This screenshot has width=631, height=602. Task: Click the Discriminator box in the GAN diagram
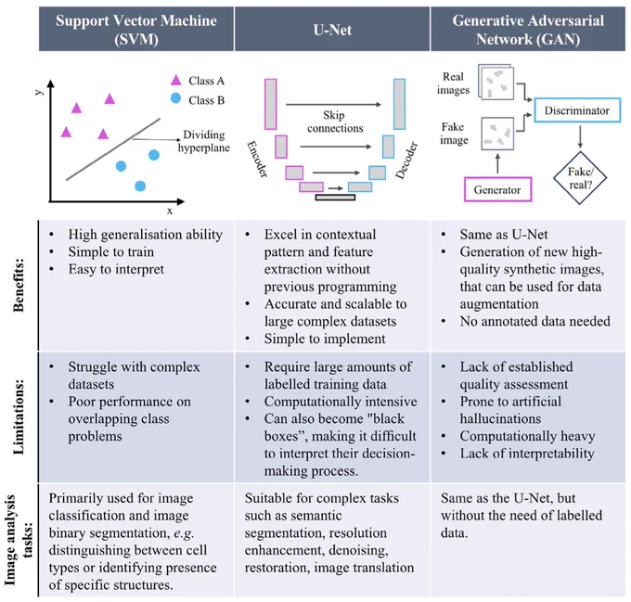point(577,109)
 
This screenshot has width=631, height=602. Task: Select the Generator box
point(497,189)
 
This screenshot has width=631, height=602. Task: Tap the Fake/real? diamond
point(580,177)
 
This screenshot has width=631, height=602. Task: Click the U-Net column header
point(332,30)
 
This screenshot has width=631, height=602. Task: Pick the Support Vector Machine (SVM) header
point(136,30)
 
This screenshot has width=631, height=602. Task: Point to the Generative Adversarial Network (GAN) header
point(528,30)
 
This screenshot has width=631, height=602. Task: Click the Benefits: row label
point(19,285)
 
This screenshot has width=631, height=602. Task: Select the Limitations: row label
point(19,416)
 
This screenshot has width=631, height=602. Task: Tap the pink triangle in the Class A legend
point(176,80)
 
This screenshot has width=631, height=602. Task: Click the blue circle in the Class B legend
point(175,97)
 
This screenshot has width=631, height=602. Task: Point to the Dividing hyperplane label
point(204,141)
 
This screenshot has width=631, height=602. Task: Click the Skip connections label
point(335,122)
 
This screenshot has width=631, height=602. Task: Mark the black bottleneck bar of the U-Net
point(335,198)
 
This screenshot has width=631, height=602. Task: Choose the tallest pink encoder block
point(271,104)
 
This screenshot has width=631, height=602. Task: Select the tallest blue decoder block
point(399,104)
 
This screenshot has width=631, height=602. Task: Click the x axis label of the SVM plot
point(170,211)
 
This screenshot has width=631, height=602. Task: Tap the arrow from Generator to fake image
point(497,163)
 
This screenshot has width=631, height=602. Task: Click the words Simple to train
point(111,251)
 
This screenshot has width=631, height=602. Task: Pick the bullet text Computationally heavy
point(528,436)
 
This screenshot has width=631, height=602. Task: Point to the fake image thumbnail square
point(497,134)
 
